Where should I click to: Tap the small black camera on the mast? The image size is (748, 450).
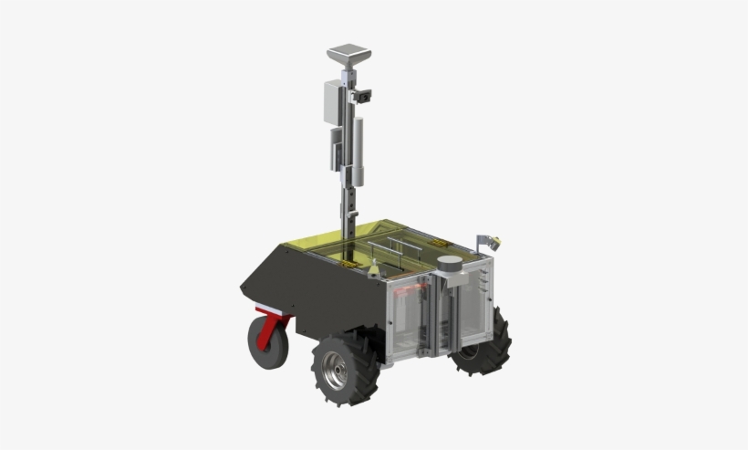tap(365, 95)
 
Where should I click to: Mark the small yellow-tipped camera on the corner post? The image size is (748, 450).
tap(493, 242)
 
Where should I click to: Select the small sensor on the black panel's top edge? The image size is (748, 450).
tap(374, 270)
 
